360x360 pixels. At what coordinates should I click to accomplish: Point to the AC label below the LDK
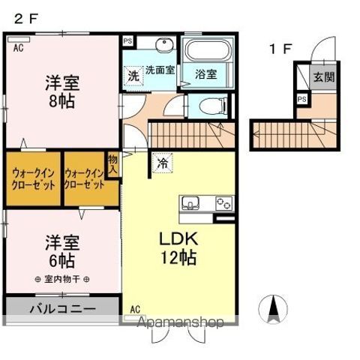135,308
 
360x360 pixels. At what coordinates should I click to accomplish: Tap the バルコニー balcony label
62,307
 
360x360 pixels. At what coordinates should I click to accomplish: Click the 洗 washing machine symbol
133,75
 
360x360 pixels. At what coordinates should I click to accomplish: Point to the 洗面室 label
159,70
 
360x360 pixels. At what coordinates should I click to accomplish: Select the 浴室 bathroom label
206,74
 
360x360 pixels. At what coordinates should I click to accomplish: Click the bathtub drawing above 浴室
209,52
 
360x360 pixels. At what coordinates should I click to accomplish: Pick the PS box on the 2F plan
127,42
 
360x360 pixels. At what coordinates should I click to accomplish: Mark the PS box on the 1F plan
302,99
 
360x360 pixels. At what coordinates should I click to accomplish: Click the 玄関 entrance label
324,76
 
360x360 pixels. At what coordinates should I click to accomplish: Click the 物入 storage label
113,164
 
